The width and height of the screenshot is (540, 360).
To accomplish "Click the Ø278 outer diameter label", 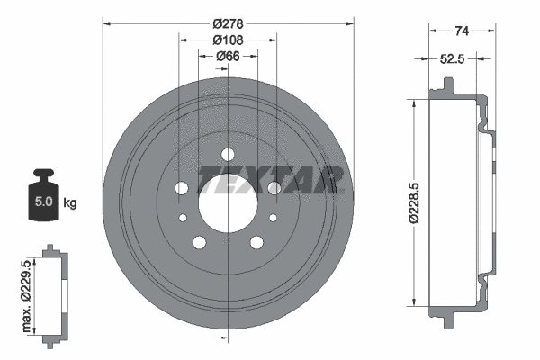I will [x=228, y=14].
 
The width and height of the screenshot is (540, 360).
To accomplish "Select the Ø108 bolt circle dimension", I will [x=228, y=40].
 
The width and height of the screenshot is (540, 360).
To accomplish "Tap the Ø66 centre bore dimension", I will [x=228, y=57].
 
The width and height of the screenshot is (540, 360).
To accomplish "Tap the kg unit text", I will [x=70, y=203].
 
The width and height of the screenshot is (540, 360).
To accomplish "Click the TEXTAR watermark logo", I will [x=271, y=179].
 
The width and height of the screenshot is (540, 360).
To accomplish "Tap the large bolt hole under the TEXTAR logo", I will [x=274, y=187].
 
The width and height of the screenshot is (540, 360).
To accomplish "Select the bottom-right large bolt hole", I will [x=257, y=241].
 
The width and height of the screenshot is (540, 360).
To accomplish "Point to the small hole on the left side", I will [x=183, y=218].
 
